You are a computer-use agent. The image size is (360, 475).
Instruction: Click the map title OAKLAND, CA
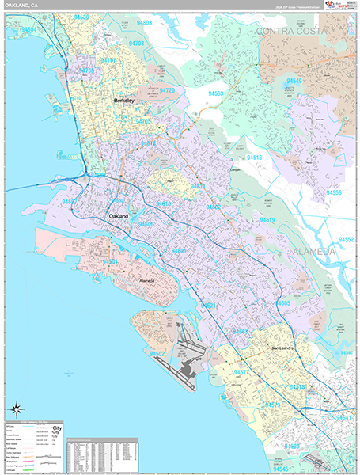click(x=21, y=6)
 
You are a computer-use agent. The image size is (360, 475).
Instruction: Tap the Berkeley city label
click(x=124, y=101)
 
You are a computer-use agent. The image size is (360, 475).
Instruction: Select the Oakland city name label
click(x=118, y=215)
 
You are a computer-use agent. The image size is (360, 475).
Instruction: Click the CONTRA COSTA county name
click(x=301, y=31)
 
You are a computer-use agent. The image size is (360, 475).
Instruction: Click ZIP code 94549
click(x=295, y=81)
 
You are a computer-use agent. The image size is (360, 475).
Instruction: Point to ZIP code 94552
click(x=347, y=238)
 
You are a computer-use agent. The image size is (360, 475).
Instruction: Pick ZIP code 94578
click(x=298, y=386)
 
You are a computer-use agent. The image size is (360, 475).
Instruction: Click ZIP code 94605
click(x=282, y=303)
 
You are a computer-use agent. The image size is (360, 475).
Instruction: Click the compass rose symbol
click(x=17, y=408)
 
